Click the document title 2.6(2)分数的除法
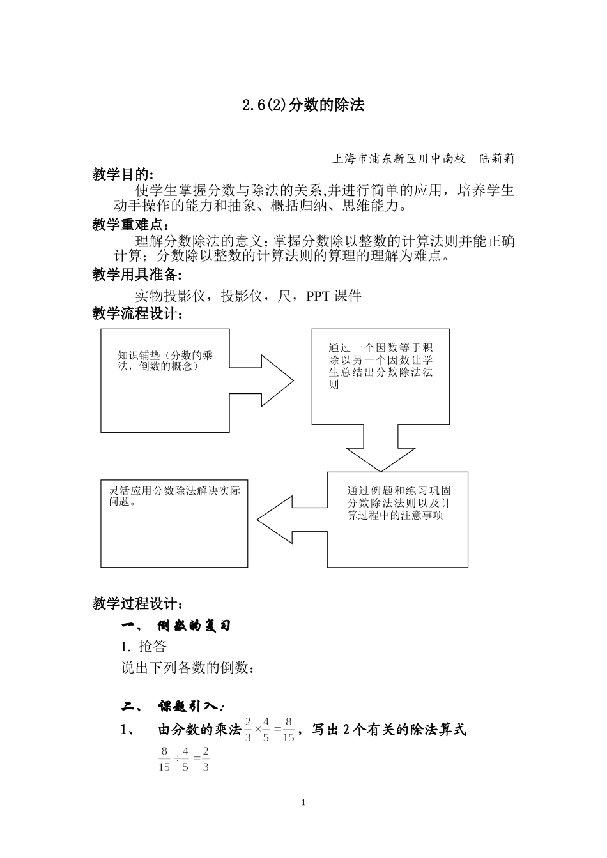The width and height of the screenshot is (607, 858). point(303,105)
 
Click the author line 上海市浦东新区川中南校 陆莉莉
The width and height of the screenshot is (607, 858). point(423,159)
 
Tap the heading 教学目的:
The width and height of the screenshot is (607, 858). point(123,174)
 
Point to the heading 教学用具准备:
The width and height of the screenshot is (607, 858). point(137,275)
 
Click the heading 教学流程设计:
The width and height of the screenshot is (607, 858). point(137,313)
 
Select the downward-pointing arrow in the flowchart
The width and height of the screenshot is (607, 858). point(380,449)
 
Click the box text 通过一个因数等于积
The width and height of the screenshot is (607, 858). point(380,348)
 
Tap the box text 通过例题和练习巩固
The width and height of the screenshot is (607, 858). point(399,491)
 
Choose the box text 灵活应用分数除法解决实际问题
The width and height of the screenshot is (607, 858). point(174,496)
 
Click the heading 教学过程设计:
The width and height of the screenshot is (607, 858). point(137,603)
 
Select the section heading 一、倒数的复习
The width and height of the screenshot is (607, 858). point(176,626)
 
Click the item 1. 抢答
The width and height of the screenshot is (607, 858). point(144,647)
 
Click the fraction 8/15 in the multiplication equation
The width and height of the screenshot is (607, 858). point(288,729)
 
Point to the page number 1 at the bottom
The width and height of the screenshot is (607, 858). point(303,802)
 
